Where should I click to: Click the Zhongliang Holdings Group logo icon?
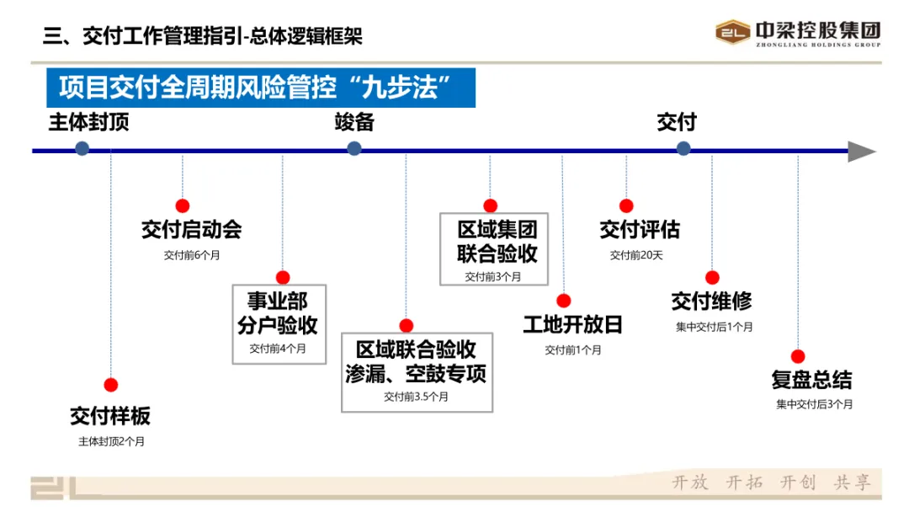coord(732,32)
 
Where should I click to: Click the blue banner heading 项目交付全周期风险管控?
coord(261,87)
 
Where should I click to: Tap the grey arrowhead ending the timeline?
coord(861,152)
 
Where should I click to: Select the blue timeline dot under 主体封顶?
coord(82,148)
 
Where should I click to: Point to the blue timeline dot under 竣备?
coord(354,148)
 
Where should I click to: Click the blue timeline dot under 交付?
coord(683,148)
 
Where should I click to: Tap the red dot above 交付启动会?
coord(183,205)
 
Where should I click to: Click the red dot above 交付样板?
coord(111,385)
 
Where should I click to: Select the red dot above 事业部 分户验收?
coord(283,277)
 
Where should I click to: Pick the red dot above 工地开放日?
coord(564,301)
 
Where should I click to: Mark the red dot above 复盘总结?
coord(798,356)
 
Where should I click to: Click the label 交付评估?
coord(639,230)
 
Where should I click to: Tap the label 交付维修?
coord(711,301)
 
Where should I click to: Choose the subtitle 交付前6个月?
coord(192,254)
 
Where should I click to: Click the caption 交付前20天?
coord(636,255)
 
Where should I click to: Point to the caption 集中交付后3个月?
coord(814,404)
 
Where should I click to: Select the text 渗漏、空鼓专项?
coord(416,373)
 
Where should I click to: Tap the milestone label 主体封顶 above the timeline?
coord(88,122)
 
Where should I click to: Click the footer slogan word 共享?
coord(852,483)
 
